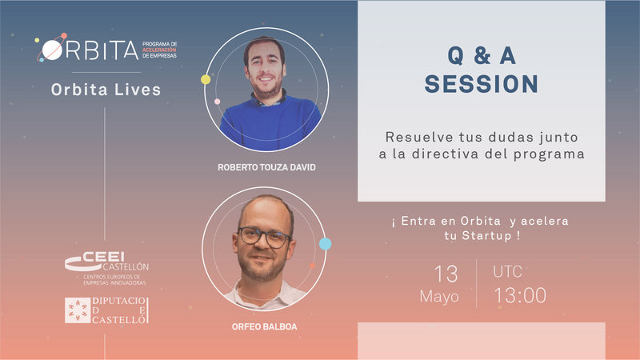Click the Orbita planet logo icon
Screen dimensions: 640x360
(51, 49)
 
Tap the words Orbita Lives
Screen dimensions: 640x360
(106, 90)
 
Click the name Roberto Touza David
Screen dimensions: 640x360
(266, 167)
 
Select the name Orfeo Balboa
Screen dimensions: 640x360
(265, 326)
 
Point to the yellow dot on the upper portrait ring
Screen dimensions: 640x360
(206, 79)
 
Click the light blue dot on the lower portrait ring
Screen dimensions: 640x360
(326, 244)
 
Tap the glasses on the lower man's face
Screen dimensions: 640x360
(264, 237)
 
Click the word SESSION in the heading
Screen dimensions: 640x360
(482, 84)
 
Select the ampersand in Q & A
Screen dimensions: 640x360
(482, 55)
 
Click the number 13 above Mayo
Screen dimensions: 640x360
(446, 274)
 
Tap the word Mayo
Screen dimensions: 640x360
(439, 296)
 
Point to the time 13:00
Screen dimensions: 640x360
(520, 295)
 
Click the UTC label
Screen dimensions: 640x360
(507, 271)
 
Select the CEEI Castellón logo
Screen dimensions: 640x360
(107, 268)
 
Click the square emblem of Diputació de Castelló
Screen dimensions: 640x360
(78, 310)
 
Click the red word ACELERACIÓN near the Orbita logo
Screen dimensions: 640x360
(159, 50)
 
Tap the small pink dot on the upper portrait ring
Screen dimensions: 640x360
(218, 102)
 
